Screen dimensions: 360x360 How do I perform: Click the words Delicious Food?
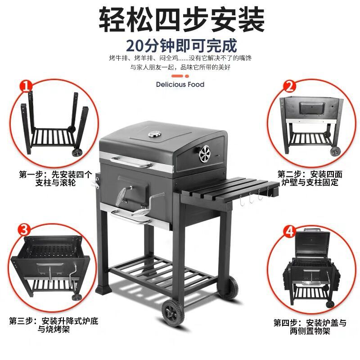click(x=180, y=85)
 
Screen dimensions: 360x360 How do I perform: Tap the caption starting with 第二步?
click(x=308, y=178)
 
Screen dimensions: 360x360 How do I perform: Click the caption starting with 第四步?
click(x=310, y=327)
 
